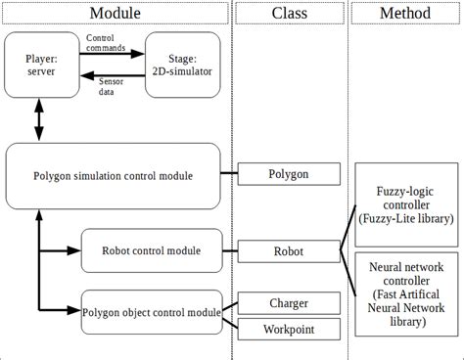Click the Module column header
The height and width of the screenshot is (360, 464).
pyautogui.click(x=116, y=13)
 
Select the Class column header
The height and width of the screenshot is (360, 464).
pyautogui.click(x=289, y=13)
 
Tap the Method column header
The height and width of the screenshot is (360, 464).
pyautogui.click(x=405, y=13)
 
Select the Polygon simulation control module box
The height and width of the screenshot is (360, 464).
pyautogui.click(x=113, y=175)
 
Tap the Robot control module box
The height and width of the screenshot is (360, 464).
pyautogui.click(x=153, y=250)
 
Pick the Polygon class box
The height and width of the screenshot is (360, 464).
pyautogui.click(x=289, y=175)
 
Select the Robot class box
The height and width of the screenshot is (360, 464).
pyautogui.click(x=289, y=250)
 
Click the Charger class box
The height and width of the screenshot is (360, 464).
pyautogui.click(x=289, y=303)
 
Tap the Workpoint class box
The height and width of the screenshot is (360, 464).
pyautogui.click(x=289, y=329)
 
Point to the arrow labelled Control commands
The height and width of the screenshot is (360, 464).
pyautogui.click(x=109, y=53)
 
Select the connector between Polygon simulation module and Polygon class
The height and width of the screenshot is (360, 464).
pyautogui.click(x=229, y=175)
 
